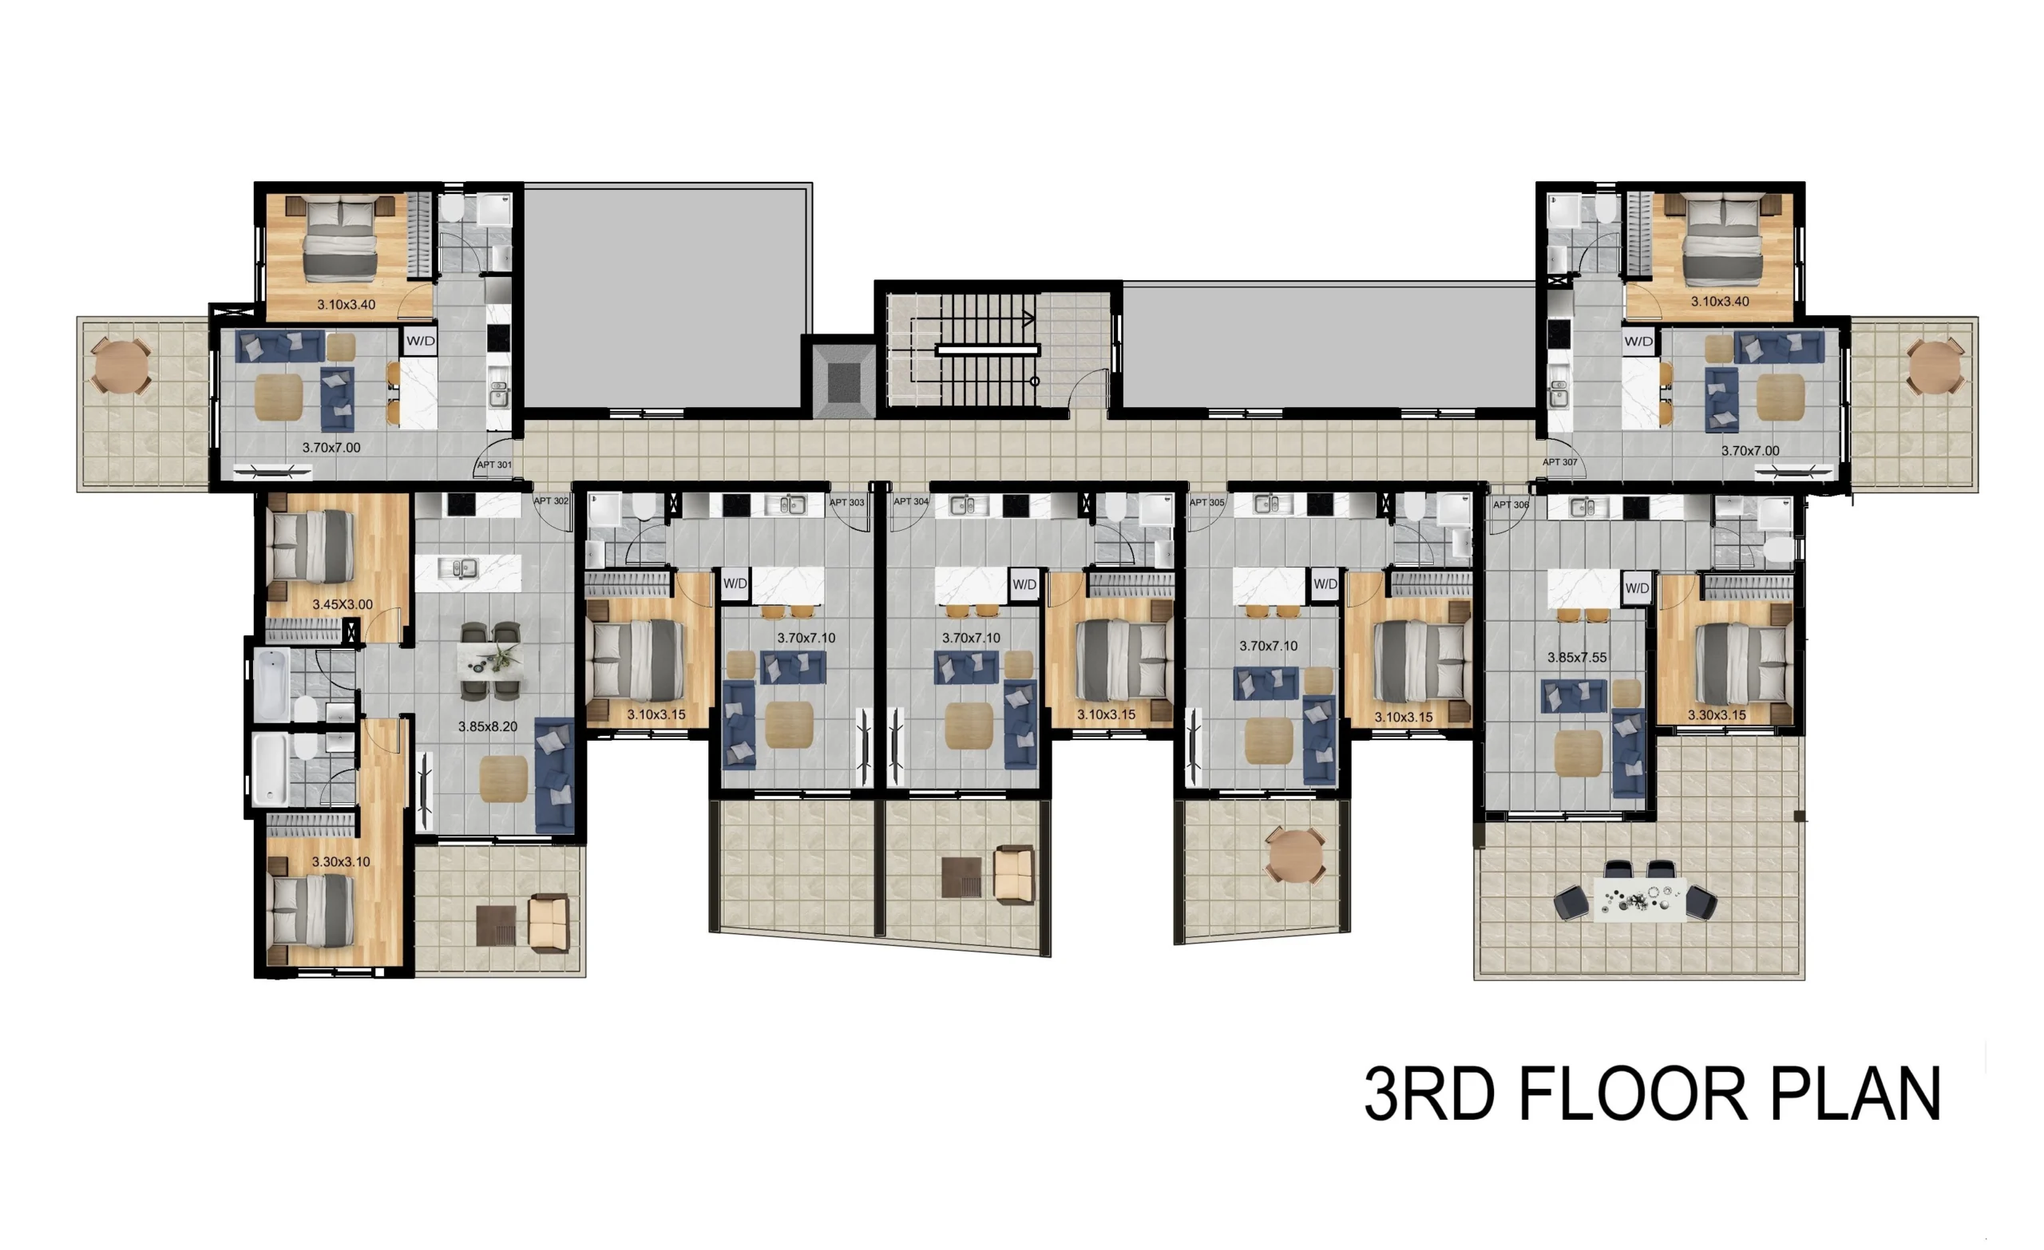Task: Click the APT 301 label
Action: click(x=494, y=465)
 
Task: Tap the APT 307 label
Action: click(x=1559, y=462)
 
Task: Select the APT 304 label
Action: click(x=911, y=502)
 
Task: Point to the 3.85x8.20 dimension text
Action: click(x=488, y=726)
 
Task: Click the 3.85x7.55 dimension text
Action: click(x=1577, y=658)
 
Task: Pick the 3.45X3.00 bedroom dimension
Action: click(x=343, y=605)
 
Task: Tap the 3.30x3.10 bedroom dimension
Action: click(x=341, y=862)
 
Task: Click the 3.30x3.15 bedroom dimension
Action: click(x=1717, y=715)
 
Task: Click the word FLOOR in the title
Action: click(x=1633, y=1095)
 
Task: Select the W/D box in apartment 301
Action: click(x=421, y=341)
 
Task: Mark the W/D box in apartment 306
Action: click(x=1637, y=588)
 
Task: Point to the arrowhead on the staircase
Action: click(x=1029, y=318)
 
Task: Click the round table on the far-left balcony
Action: click(x=121, y=366)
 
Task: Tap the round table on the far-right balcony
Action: click(x=1935, y=366)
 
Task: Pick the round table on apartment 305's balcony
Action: click(x=1294, y=855)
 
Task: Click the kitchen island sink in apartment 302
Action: click(x=458, y=568)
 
